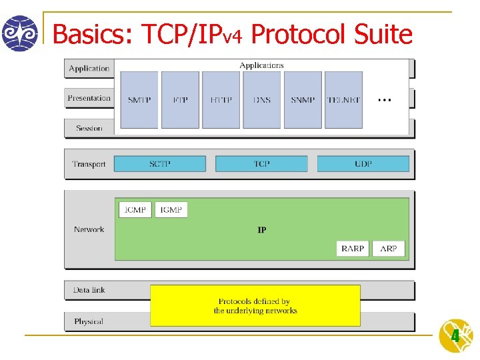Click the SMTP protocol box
tap(139, 100)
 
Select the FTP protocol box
tap(180, 100)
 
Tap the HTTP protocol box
tap(221, 100)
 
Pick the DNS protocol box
tap(262, 100)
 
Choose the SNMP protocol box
tap(303, 100)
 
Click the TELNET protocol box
tap(344, 100)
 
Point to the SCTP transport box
tap(159, 164)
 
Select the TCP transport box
tap(261, 164)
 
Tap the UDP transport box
tap(363, 164)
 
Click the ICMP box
tap(135, 210)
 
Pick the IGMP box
tap(171, 210)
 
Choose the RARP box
tap(353, 249)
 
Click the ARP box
tap(389, 249)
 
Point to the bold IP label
tap(262, 230)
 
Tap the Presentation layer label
tap(89, 98)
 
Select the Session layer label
tap(89, 128)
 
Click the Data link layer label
tap(89, 290)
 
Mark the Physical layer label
tap(89, 321)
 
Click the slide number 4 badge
tap(455, 336)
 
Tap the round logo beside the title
tap(19, 33)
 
